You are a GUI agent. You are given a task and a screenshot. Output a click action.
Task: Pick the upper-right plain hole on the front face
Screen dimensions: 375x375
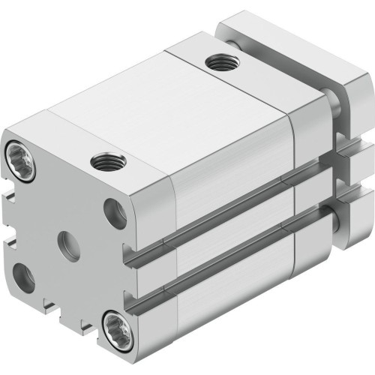[x=115, y=213]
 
